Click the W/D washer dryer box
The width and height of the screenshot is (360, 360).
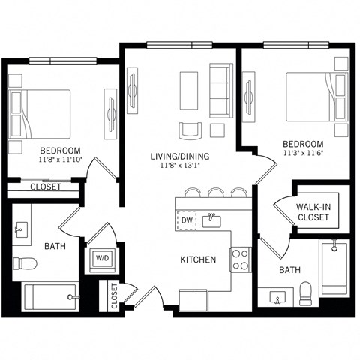[100, 258]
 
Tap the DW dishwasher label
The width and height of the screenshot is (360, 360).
[186, 220]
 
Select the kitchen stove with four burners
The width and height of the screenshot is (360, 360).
[240, 259]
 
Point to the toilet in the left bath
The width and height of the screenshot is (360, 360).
[25, 263]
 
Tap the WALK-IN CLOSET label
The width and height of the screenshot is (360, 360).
[313, 212]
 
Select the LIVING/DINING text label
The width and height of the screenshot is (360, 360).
[179, 156]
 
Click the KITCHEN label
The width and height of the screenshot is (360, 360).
[198, 259]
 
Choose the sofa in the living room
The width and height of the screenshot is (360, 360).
[220, 88]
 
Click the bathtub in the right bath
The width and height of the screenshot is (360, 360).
[332, 268]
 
